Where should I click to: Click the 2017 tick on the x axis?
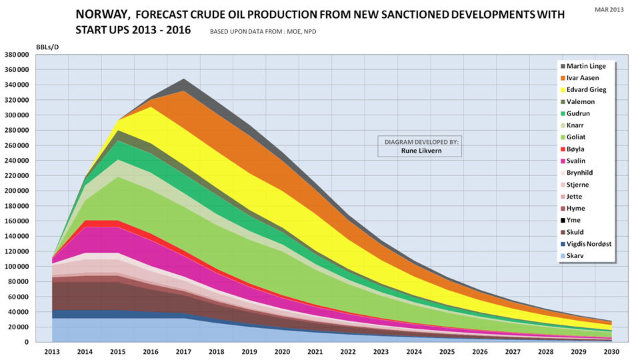point(184,352)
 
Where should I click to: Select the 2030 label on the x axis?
point(611,352)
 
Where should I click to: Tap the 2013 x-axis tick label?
point(53,352)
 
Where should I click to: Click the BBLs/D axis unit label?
point(47,45)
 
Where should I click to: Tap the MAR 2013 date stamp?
point(610,9)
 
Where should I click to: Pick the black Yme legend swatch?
point(563,220)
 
